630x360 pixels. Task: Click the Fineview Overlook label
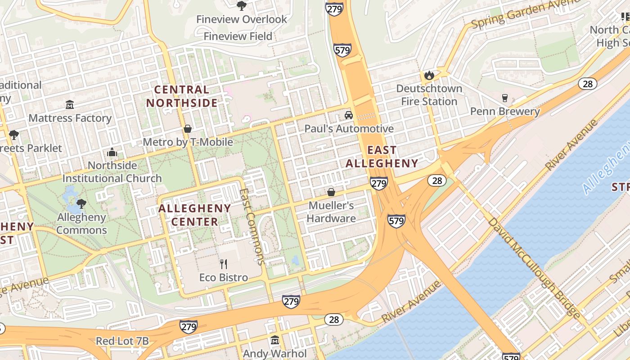click(242, 19)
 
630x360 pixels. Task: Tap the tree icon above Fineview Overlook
click(242, 5)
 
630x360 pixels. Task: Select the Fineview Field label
click(238, 36)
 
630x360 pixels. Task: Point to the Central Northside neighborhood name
click(182, 96)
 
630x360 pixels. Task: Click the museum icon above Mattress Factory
click(70, 105)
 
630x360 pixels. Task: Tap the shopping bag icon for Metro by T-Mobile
click(188, 129)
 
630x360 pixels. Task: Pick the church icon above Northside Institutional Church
click(112, 152)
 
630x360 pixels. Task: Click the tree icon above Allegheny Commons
click(81, 204)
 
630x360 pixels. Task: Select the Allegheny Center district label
click(194, 215)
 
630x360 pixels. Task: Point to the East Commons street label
click(252, 226)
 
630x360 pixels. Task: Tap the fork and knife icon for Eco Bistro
click(224, 264)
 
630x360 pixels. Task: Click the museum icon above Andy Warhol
click(275, 340)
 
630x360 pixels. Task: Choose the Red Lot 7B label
click(122, 341)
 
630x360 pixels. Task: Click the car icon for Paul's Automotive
click(349, 115)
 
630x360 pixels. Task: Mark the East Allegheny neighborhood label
click(382, 157)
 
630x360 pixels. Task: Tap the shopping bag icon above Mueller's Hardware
click(331, 192)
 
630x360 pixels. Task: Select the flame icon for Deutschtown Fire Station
click(429, 75)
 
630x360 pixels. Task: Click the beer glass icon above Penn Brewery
click(504, 98)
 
